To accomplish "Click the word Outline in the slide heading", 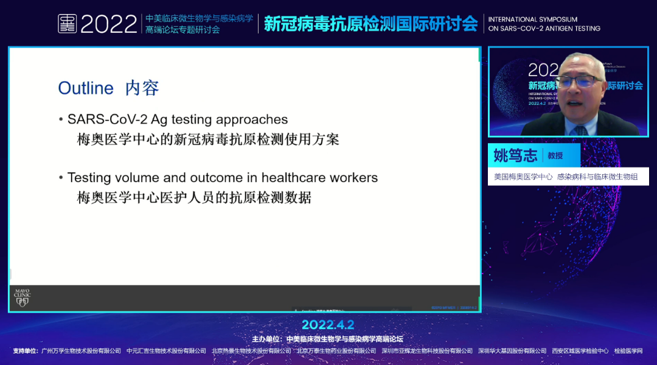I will pos(86,88).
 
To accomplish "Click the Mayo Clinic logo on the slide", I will pos(22,297).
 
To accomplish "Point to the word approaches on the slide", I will pos(255,120).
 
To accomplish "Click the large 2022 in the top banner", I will pos(109,24).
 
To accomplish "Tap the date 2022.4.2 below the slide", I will pos(328,325).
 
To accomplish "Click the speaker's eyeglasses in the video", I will pos(582,81).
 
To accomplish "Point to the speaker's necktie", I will pos(582,129).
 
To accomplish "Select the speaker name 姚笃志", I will pos(515,156).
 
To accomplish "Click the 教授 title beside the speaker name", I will pos(555,156).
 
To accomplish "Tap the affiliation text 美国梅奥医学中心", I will pos(523,177).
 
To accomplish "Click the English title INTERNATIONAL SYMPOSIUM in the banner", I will pos(533,19).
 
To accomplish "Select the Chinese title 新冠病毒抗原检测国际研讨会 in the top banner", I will pos(370,24).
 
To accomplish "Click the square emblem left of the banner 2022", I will pos(67,24).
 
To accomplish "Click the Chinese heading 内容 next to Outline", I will pos(142,88).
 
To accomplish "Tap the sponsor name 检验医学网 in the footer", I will pos(628,351).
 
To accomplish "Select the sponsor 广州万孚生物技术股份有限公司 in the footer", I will pos(81,351).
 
